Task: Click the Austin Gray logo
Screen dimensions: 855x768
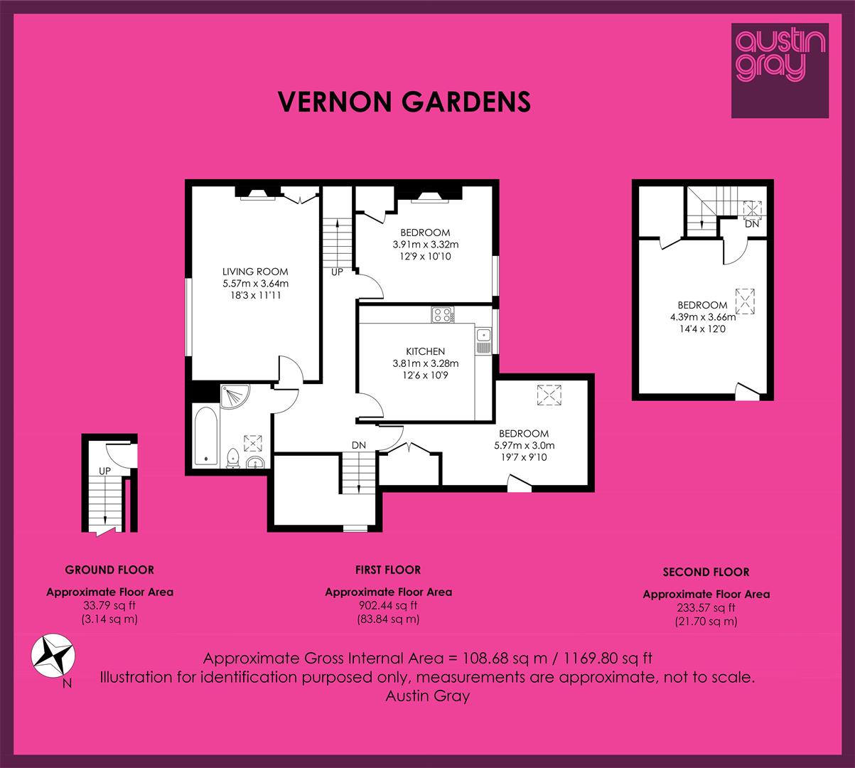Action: click(780, 70)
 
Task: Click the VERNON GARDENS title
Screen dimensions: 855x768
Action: click(404, 102)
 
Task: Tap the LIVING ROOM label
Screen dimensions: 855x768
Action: click(255, 272)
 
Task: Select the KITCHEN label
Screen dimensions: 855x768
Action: click(426, 351)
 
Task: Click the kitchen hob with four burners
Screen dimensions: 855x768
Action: click(443, 314)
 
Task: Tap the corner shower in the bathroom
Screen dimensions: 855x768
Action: click(235, 396)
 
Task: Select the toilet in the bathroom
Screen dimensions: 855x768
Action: click(232, 458)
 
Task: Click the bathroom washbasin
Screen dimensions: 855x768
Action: click(255, 463)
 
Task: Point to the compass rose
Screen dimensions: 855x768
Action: click(53, 656)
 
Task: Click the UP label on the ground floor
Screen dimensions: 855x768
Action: click(104, 471)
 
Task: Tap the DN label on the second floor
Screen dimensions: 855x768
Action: click(752, 224)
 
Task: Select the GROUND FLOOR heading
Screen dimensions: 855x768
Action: click(109, 570)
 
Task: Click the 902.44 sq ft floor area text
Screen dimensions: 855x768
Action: click(388, 605)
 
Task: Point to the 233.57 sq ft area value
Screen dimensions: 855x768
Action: click(706, 607)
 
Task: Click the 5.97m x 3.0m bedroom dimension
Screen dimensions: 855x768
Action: click(524, 445)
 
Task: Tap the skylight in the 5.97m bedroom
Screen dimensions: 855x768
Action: click(549, 395)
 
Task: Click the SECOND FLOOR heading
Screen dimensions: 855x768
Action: click(706, 572)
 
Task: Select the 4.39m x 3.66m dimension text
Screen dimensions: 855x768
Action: click(703, 316)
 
